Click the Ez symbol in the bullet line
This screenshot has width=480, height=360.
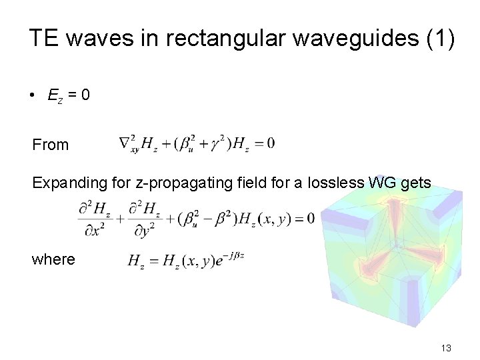click(x=55, y=96)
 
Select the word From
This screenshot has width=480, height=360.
click(x=50, y=145)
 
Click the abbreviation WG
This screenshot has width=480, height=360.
click(x=383, y=183)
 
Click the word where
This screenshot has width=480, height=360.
click(x=53, y=259)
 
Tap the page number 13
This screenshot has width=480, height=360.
click(x=445, y=348)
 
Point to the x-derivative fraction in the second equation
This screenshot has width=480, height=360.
click(x=94, y=219)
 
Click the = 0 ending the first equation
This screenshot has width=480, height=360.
click(x=264, y=143)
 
